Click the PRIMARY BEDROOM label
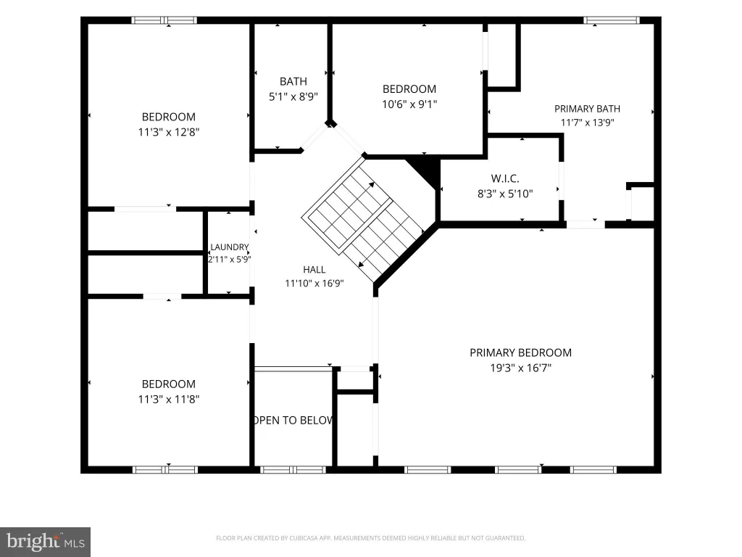[520, 353]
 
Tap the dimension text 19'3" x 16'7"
[520, 368]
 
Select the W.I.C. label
[505, 178]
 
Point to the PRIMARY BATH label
[587, 109]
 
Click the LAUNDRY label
[230, 247]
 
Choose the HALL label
[314, 270]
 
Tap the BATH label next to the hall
[293, 81]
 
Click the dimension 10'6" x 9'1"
[409, 104]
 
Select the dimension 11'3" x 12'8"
[168, 132]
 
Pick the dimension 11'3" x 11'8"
[168, 400]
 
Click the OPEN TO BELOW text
[293, 421]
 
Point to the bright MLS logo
[46, 542]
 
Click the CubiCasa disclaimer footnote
[370, 538]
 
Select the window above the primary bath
[612, 20]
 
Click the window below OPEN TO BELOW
[293, 470]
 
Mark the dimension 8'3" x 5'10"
[505, 194]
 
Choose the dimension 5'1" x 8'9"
[293, 97]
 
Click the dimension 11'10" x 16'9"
[314, 284]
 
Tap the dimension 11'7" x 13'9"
[587, 123]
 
